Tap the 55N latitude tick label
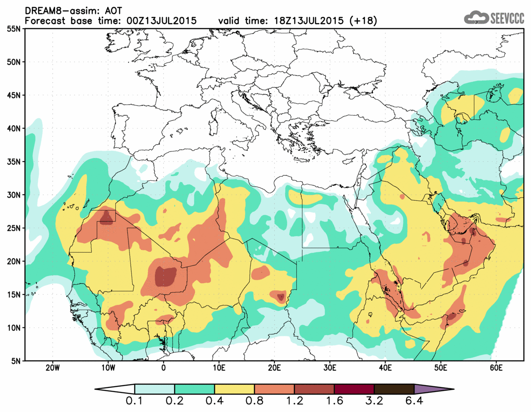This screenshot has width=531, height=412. point(14,29)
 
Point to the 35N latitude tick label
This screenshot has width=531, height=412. point(14,162)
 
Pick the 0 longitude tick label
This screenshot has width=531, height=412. point(164,367)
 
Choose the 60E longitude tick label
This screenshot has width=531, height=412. point(496,367)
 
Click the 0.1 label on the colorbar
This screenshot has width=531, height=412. point(135,402)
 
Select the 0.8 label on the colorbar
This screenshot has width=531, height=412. point(254,402)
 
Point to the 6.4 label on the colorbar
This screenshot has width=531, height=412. point(414,402)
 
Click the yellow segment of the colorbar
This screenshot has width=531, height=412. point(234,389)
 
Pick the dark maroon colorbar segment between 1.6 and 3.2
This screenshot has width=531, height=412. point(354,389)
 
